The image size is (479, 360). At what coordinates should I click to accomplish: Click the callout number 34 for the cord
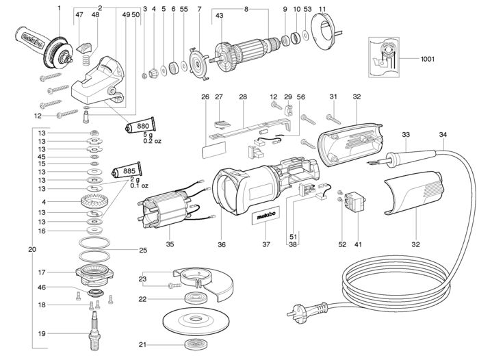pyautogui.click(x=443, y=134)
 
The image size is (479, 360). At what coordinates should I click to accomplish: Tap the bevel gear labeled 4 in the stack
pyautogui.click(x=94, y=203)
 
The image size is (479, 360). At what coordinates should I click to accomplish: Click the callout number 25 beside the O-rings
pyautogui.click(x=143, y=249)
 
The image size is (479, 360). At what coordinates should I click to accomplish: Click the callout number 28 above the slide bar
pyautogui.click(x=242, y=97)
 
